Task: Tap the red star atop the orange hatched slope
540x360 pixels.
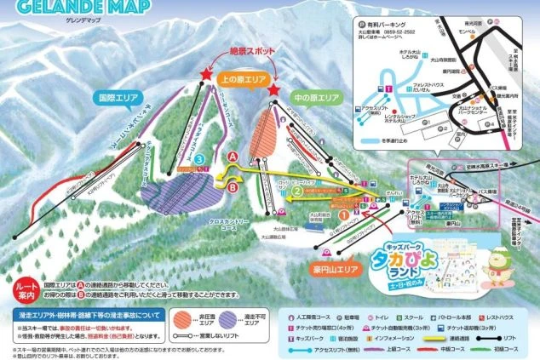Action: (x=273, y=89)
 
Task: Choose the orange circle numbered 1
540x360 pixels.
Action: (x=344, y=215)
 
